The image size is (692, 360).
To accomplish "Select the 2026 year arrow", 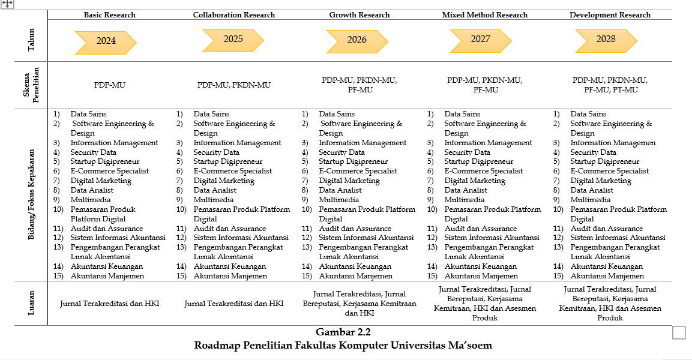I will [357, 40].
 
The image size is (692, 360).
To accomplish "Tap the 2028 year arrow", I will [606, 39].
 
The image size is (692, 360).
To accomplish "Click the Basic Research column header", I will [110, 15].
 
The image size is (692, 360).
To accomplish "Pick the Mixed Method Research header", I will [485, 15].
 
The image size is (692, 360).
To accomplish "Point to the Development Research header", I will [610, 15].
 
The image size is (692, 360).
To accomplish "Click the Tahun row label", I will [31, 40].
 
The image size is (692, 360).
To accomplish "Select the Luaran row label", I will [31, 304].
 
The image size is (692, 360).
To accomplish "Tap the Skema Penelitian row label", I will [31, 85].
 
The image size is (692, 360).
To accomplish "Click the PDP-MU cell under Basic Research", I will [110, 85].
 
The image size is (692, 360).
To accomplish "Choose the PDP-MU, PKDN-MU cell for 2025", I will [234, 85].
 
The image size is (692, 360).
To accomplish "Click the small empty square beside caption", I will [679, 332].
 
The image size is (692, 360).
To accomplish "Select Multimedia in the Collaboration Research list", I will [213, 200].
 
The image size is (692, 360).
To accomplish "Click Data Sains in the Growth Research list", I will [336, 114].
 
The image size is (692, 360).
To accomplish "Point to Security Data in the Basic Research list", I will [93, 152].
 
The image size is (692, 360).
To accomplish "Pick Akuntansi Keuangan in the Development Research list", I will [606, 266].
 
